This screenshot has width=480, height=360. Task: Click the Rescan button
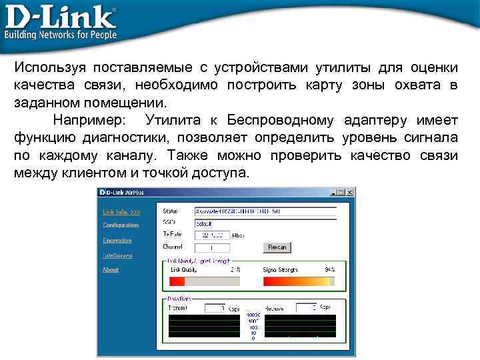pos(277,247)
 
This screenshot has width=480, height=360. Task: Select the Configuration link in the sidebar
pos(121,225)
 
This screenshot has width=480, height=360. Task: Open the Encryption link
pos(117,241)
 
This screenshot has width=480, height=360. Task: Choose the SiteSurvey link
pos(117,255)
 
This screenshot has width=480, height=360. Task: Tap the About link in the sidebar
pos(111,270)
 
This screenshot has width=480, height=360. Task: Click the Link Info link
pos(121,211)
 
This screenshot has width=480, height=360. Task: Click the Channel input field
pos(212,247)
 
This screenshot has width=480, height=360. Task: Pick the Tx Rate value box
pos(212,235)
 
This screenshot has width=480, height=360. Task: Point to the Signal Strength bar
pos(299,281)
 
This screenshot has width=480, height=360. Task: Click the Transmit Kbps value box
pos(215,308)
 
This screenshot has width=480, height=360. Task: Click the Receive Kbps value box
pos(306,308)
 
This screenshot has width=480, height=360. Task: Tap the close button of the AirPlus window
pos(351,192)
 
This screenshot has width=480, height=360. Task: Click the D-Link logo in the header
pos(60,17)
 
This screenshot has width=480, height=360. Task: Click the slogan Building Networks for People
pos(61,35)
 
